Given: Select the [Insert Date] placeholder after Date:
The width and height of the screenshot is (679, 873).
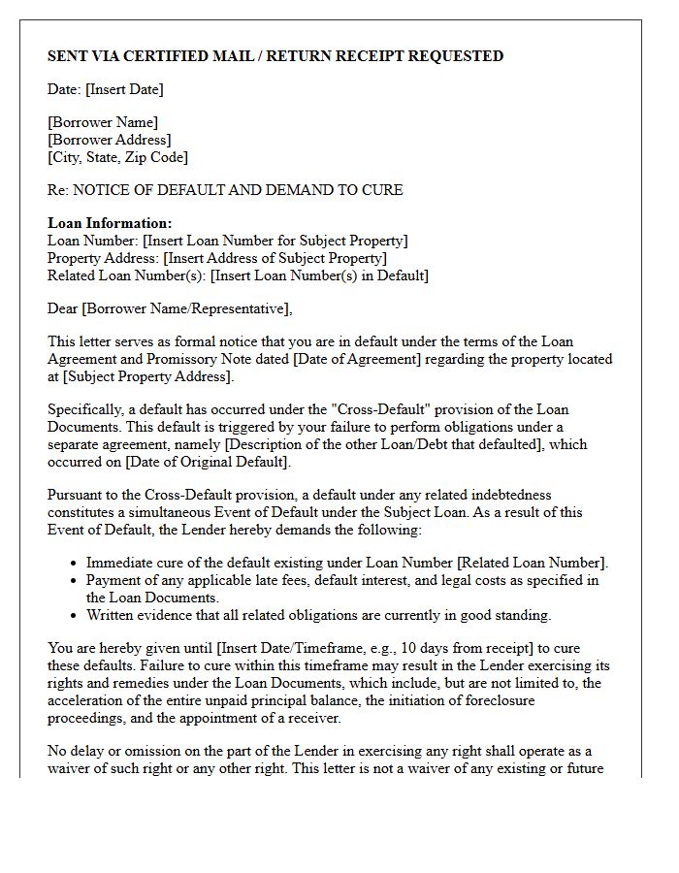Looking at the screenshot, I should pyautogui.click(x=124, y=89).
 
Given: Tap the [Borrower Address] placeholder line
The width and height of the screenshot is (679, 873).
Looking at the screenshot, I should pyautogui.click(x=110, y=140).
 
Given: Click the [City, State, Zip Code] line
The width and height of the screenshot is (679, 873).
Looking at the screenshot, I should pyautogui.click(x=117, y=157).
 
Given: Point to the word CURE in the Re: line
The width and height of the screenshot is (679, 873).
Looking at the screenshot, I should pyautogui.click(x=382, y=190).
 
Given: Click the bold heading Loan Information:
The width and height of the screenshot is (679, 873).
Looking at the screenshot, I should pyautogui.click(x=110, y=223).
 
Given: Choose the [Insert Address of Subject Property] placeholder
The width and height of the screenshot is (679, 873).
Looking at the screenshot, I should pyautogui.click(x=275, y=258).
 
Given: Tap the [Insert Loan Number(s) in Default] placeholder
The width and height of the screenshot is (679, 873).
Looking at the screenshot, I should pyautogui.click(x=319, y=275).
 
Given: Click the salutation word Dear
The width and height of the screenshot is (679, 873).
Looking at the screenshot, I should pyautogui.click(x=63, y=308).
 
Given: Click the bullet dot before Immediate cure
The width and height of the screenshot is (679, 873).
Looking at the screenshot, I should pyautogui.click(x=75, y=564).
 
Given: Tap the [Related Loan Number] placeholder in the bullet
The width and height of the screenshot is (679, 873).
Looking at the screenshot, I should pyautogui.click(x=532, y=563).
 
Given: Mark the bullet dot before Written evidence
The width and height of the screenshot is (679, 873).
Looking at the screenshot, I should pyautogui.click(x=75, y=616).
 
